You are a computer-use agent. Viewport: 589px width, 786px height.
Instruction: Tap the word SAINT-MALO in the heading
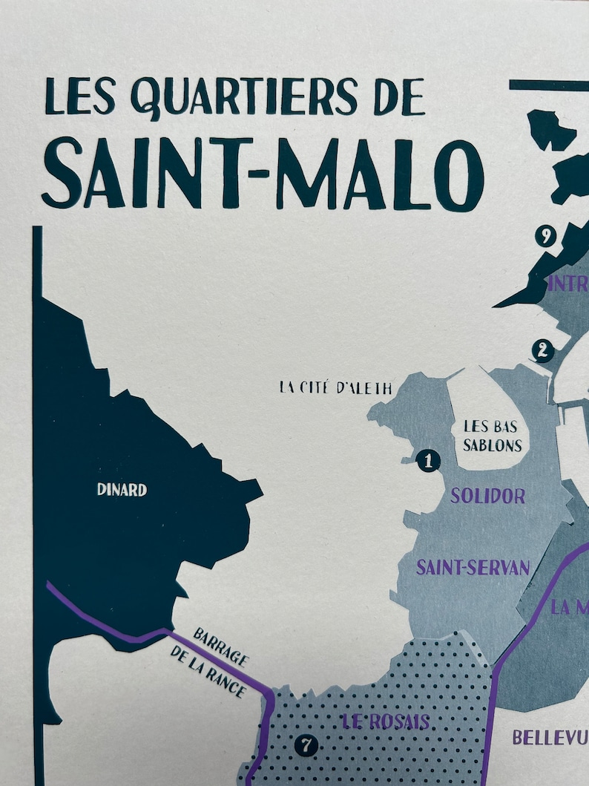pos(263,176)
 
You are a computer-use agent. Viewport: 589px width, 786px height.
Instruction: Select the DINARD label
pos(122,490)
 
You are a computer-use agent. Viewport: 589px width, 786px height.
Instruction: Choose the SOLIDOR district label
pos(487,496)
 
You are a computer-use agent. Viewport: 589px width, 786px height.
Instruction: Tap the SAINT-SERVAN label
pos(473,569)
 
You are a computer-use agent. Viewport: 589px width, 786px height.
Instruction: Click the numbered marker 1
pos(427,461)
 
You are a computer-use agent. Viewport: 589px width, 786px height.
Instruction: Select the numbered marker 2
pos(542,350)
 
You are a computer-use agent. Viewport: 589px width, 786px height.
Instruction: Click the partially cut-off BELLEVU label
pos(550,738)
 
